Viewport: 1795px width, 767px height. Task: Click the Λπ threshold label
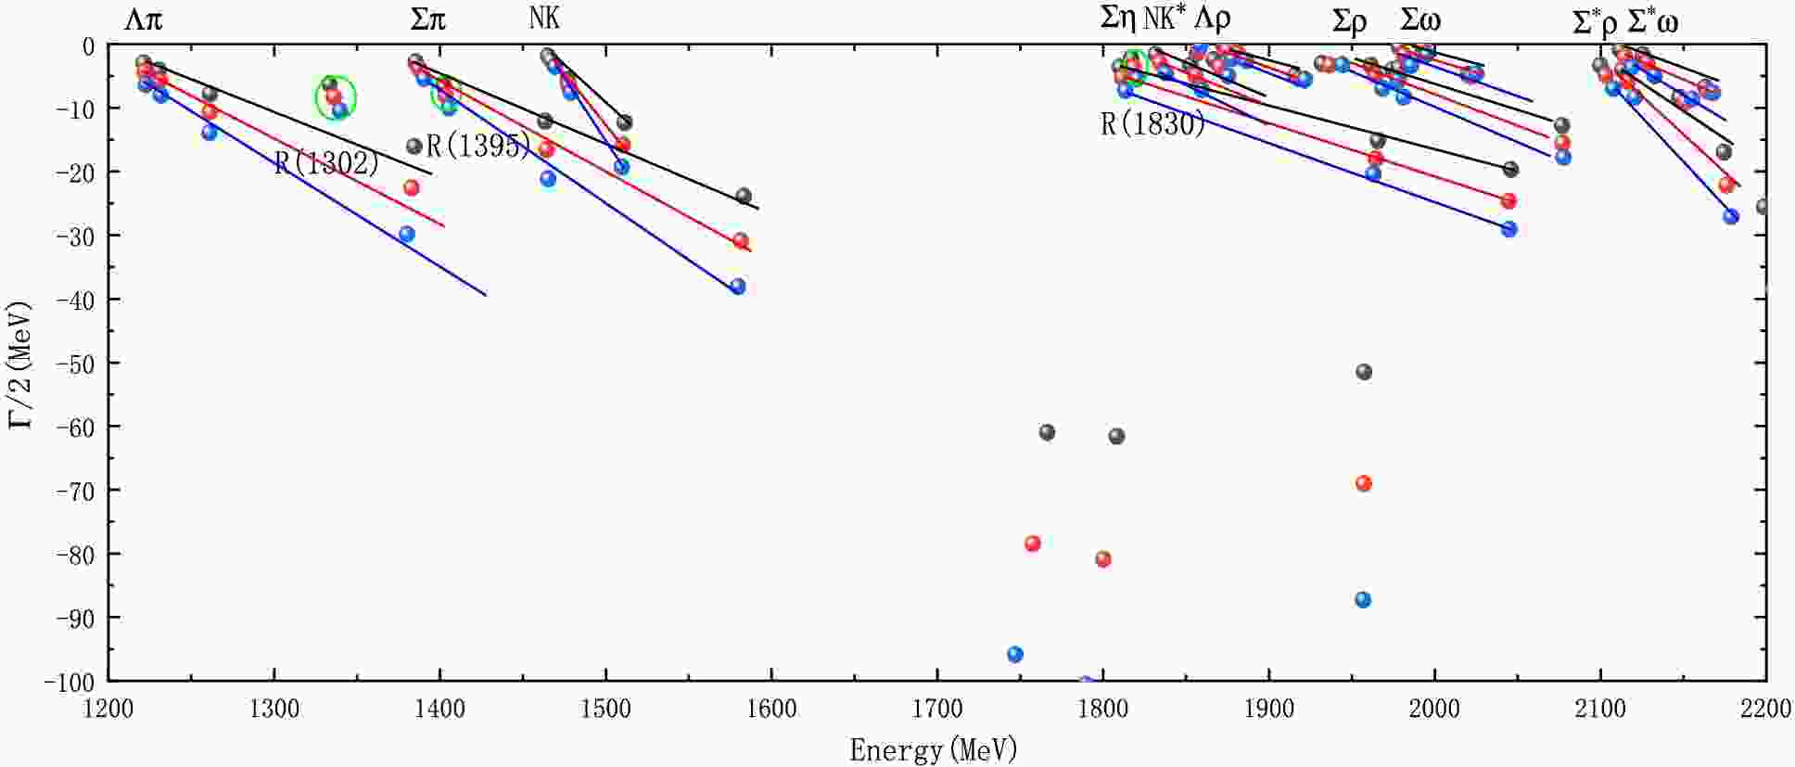(x=143, y=20)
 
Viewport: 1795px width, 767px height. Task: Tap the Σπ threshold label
(x=427, y=20)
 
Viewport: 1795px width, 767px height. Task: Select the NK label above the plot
(x=544, y=19)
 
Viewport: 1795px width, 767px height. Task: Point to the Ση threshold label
(x=1117, y=19)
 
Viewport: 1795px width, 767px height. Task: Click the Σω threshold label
(x=1419, y=20)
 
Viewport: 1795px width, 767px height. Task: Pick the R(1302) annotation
(x=326, y=163)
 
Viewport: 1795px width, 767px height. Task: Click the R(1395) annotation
(x=478, y=146)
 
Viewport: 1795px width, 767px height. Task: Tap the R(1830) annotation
(x=1152, y=124)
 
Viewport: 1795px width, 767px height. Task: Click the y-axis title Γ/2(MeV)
(x=20, y=364)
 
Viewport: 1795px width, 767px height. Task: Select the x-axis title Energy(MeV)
(x=934, y=749)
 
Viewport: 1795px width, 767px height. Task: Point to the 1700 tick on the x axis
(x=937, y=709)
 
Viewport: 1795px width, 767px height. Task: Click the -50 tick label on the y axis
(x=76, y=363)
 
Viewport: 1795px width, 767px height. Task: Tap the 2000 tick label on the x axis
(x=1434, y=709)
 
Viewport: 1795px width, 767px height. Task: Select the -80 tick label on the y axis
(x=76, y=554)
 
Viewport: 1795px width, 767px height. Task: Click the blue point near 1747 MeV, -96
(x=1015, y=655)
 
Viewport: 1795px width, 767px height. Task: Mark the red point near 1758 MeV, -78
(x=1033, y=543)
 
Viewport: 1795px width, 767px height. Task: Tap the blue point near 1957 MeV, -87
(x=1363, y=600)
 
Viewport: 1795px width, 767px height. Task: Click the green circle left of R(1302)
(x=335, y=96)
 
